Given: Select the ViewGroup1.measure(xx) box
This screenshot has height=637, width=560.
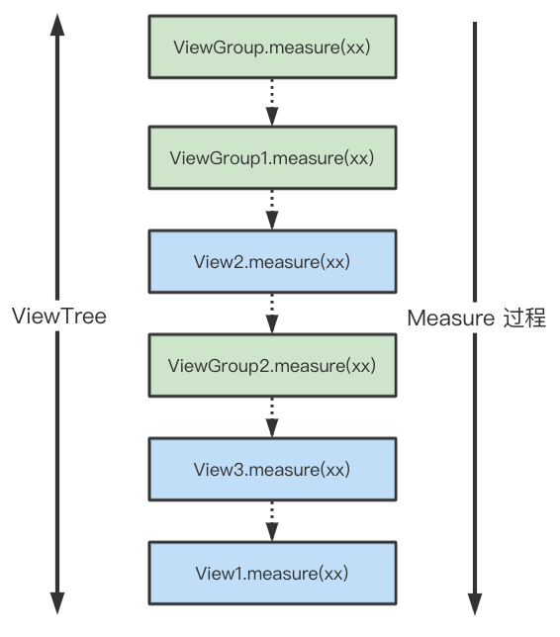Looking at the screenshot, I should pyautogui.click(x=272, y=158).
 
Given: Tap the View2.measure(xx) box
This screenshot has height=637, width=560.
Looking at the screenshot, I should pyautogui.click(x=272, y=262).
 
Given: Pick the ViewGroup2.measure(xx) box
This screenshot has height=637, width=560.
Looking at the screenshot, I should pyautogui.click(x=272, y=366).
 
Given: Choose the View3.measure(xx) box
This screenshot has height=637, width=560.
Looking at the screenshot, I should pyautogui.click(x=272, y=469).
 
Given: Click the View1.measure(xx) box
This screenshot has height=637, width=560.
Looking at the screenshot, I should pyautogui.click(x=272, y=573).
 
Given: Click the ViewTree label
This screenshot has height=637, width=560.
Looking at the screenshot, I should pyautogui.click(x=59, y=318).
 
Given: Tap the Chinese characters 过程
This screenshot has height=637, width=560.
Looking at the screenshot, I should pyautogui.click(x=523, y=318).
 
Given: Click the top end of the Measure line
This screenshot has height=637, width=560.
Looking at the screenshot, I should pyautogui.click(x=476, y=25).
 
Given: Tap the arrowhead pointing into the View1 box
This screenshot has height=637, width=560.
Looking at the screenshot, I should pyautogui.click(x=272, y=533).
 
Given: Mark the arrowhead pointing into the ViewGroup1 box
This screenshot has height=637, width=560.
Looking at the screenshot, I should pyautogui.click(x=272, y=117).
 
